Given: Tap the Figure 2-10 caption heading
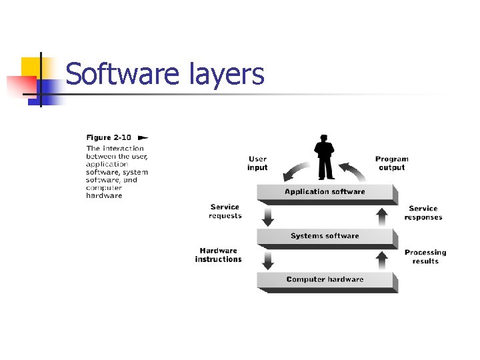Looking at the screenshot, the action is tap(108, 137).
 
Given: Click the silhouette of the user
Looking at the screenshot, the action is tap(325, 157).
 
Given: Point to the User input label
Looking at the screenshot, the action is tap(257, 163).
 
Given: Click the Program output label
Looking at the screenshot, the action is tap(391, 163).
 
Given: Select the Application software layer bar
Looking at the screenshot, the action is tap(325, 192).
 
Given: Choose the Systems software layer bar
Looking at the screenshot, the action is tap(325, 236).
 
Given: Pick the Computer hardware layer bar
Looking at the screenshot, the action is tap(325, 279).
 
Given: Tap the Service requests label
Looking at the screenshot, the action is tap(225, 211).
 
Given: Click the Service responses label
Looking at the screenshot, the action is tap(423, 213).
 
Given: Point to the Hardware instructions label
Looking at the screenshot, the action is tap(218, 255).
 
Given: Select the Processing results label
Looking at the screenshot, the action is tap(425, 257).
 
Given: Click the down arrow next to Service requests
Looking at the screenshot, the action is tap(268, 215).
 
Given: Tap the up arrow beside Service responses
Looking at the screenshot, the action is tap(382, 215).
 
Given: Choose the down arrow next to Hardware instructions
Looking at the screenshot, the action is tap(268, 259).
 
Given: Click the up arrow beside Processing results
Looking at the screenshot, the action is tap(382, 259).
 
